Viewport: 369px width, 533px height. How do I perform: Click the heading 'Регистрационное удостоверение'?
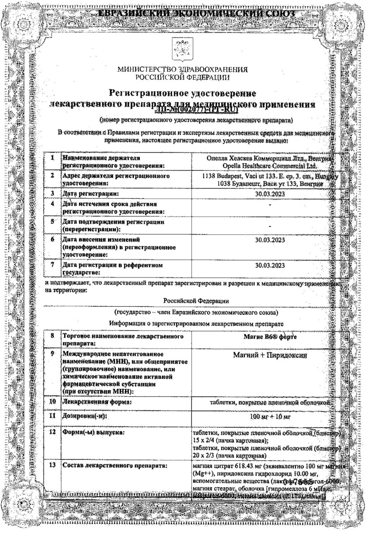coord(182,94)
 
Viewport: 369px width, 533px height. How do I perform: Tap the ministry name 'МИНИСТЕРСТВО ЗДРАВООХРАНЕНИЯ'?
coord(182,70)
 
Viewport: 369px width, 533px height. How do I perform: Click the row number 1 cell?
coord(52,158)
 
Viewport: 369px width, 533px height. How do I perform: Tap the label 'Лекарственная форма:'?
coord(93,402)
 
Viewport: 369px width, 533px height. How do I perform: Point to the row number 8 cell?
coord(52,336)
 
